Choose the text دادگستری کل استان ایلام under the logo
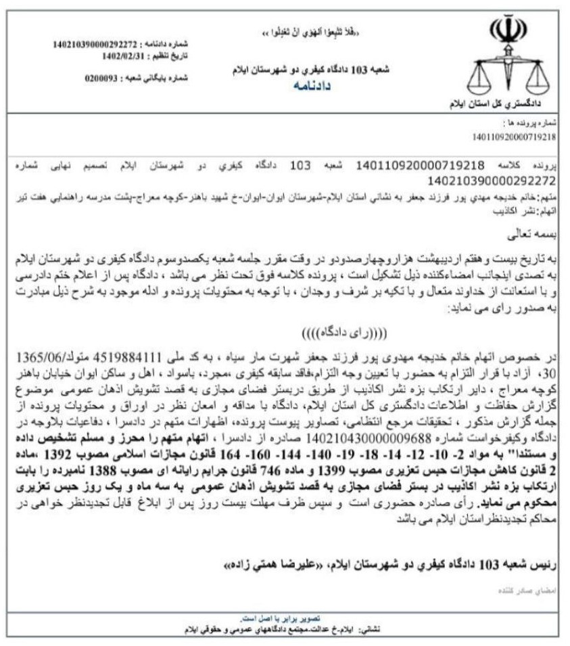click(502, 104)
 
